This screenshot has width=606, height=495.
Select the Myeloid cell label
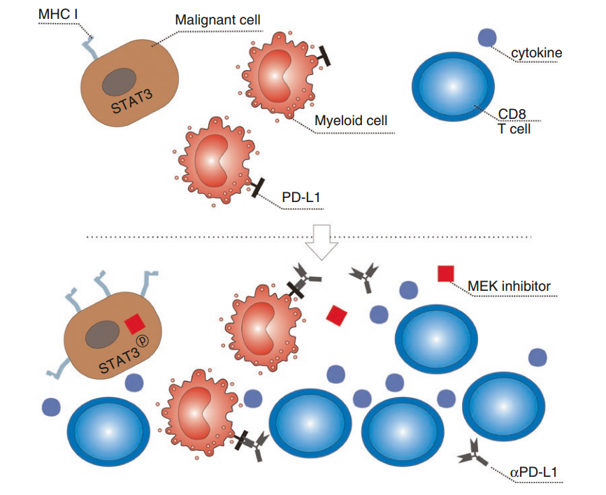(350, 121)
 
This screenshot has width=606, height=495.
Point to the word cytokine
(537, 52)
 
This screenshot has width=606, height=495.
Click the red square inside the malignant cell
(134, 323)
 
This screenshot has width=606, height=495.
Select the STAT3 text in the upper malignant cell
(132, 103)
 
